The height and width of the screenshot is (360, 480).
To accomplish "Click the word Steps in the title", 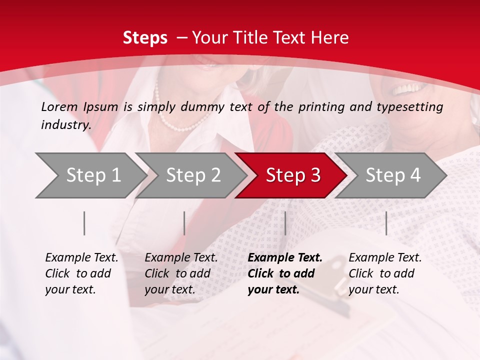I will click(145, 37).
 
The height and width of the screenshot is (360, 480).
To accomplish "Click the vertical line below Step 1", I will click(84, 223).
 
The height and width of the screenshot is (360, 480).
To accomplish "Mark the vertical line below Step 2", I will click(184, 223).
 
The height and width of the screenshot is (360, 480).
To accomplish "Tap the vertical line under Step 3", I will click(285, 223).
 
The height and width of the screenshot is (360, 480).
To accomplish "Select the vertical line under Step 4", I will click(386, 223).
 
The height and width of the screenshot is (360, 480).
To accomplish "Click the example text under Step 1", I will click(81, 273).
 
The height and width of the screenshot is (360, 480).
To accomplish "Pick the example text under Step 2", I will click(181, 273).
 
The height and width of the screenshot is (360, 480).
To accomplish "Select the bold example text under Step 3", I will click(285, 273).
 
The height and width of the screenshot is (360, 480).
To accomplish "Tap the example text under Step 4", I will click(385, 273).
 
